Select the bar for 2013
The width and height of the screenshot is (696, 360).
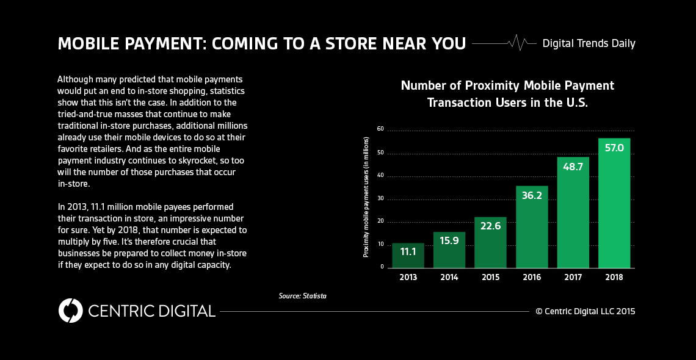[408, 256]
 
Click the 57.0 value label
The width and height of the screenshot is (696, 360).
[614, 148]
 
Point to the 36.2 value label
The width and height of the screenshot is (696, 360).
[531, 196]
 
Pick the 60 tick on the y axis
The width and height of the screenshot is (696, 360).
[380, 129]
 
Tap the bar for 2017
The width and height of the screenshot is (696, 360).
[573, 214]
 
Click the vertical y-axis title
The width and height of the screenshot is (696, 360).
[366, 198]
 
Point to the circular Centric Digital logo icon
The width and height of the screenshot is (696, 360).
[70, 311]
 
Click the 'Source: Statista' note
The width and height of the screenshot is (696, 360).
[302, 296]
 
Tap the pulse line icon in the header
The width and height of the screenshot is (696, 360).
[517, 43]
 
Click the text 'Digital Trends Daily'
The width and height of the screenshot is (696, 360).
[589, 43]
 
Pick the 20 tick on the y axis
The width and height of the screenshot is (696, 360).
[380, 221]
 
